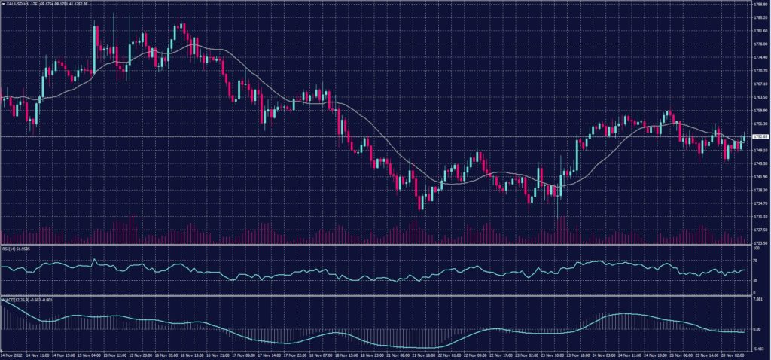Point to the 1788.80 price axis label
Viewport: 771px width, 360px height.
click(760, 5)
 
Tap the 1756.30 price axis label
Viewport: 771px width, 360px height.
click(760, 124)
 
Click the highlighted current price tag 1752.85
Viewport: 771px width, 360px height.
click(760, 136)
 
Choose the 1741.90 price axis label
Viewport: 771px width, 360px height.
click(760, 177)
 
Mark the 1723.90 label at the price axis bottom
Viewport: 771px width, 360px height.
click(760, 243)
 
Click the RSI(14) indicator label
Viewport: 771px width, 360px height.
click(17, 249)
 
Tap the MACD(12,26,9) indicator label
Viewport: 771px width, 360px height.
click(18, 299)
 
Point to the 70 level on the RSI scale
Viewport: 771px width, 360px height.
click(754, 263)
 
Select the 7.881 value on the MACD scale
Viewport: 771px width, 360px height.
click(758, 299)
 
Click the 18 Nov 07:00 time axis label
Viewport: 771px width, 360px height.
click(329, 354)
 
